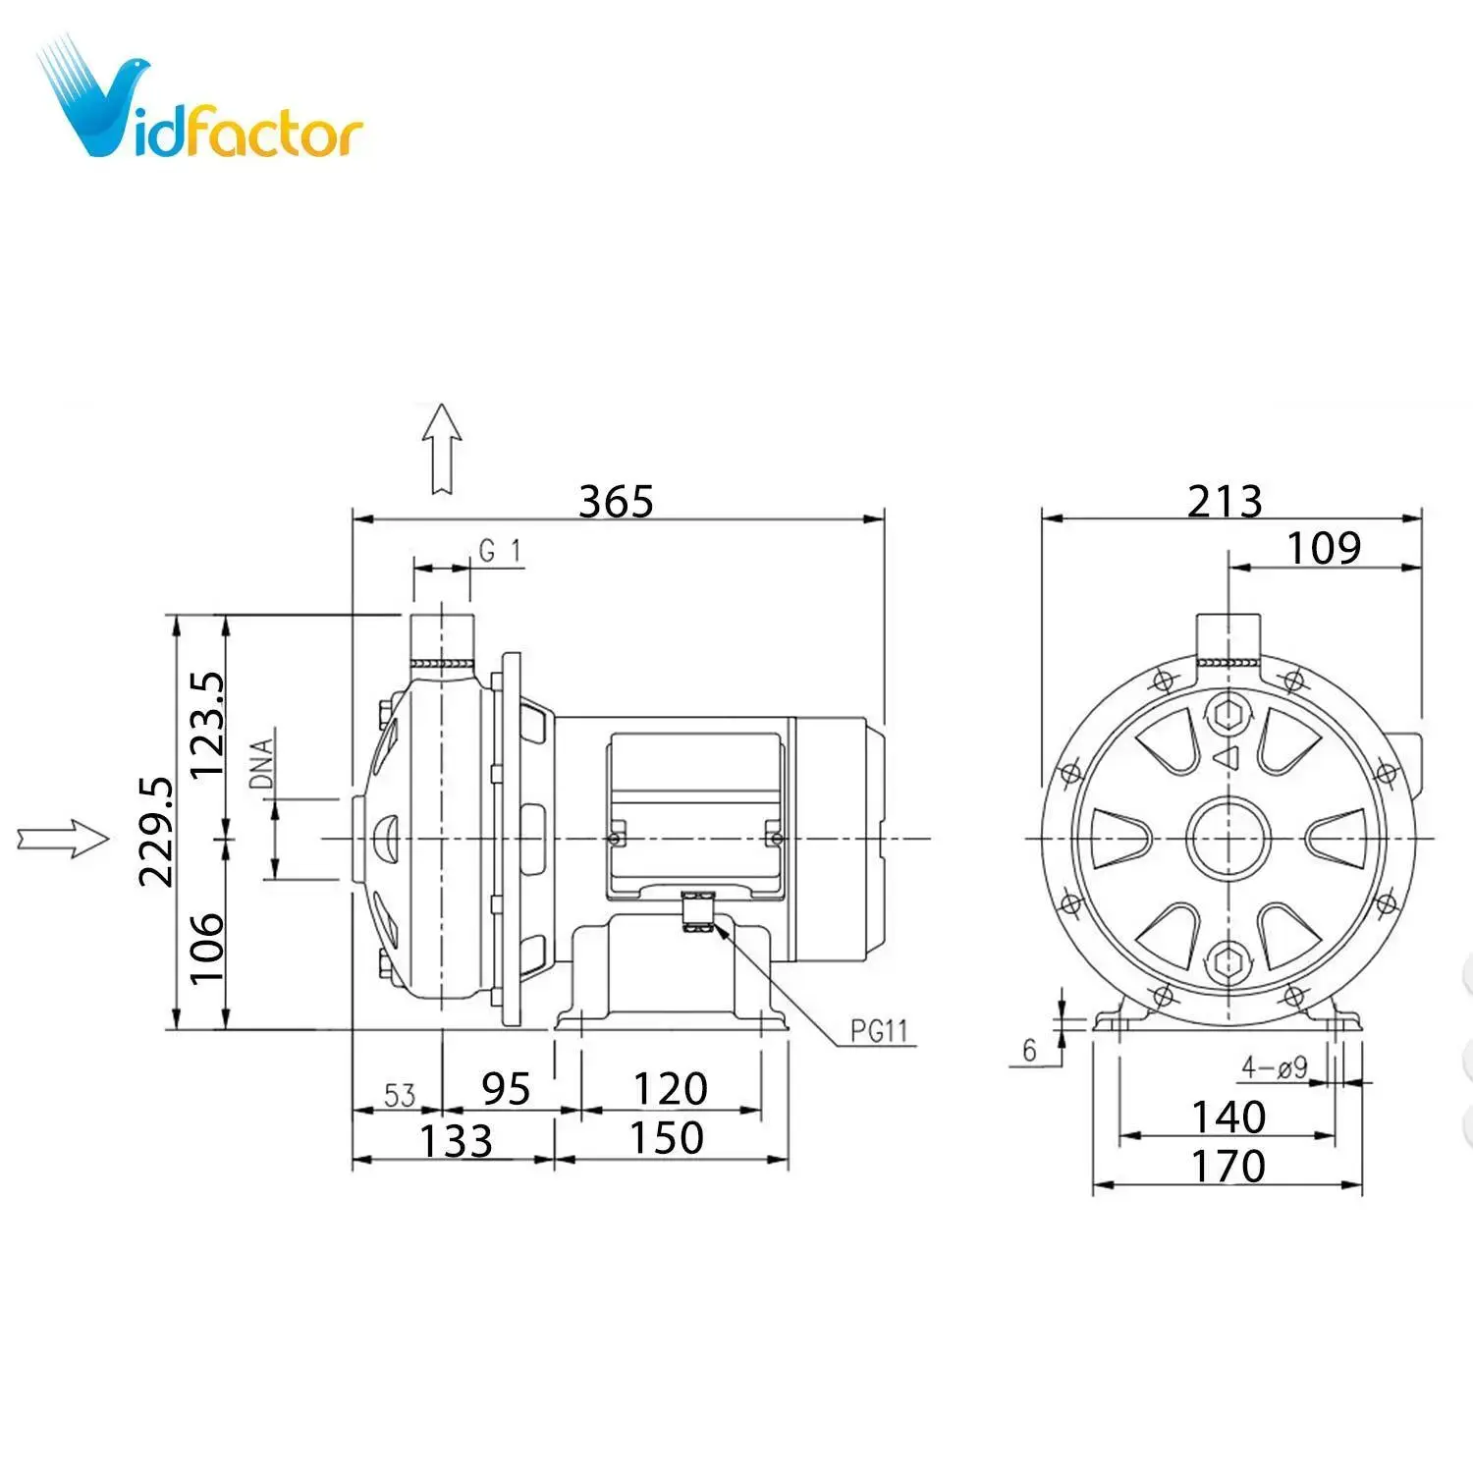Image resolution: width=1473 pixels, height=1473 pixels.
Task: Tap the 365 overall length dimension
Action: coord(616,502)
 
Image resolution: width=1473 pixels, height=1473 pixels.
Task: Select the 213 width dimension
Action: coord(1225,502)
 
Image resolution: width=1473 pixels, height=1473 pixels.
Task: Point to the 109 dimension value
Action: coord(1324,548)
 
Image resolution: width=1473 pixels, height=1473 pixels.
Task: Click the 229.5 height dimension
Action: coord(157,832)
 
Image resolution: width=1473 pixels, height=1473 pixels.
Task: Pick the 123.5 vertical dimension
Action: coord(207,725)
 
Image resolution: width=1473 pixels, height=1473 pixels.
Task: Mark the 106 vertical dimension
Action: coord(207,948)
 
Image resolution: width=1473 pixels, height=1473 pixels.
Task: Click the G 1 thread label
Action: coord(500,551)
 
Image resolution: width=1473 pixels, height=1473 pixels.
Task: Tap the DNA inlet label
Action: coord(261,763)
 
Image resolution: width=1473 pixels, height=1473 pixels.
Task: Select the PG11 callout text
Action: coord(879,1031)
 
